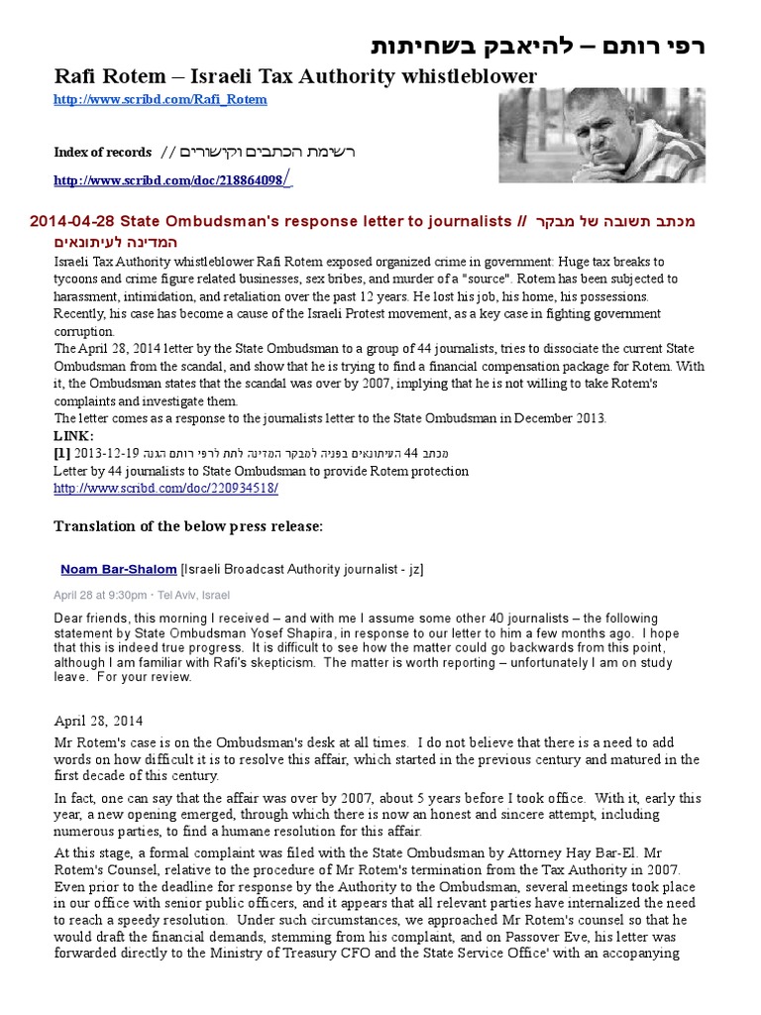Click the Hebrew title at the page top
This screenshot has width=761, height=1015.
tap(539, 47)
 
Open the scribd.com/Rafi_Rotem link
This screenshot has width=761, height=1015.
tap(160, 99)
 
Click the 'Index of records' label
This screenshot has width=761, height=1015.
tap(102, 152)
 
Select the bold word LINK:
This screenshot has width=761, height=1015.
tap(74, 436)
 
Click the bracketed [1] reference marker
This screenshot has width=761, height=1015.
tap(62, 453)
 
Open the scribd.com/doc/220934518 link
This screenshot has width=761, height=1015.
tap(165, 489)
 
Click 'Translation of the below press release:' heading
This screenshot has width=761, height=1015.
tap(188, 526)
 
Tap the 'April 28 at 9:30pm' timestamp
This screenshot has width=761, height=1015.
tap(99, 595)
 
